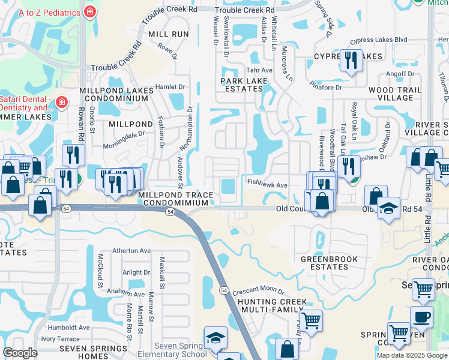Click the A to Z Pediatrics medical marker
coord(89,11)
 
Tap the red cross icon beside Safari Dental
coord(61,103)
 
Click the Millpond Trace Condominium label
coord(175,200)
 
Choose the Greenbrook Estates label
coord(329,263)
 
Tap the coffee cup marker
coord(421,316)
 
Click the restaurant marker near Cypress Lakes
coord(351,59)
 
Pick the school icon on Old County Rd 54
coord(388,208)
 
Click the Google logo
coord(20,353)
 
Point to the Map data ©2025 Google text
coord(412,355)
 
